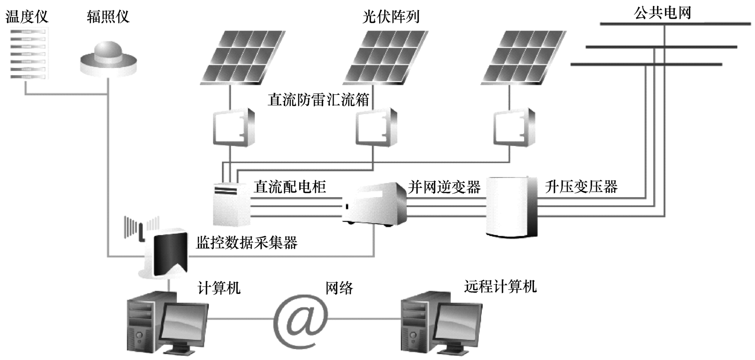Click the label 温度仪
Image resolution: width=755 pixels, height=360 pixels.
point(27,17)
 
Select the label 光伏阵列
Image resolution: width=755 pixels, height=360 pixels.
point(391,17)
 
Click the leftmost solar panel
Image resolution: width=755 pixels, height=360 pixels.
point(243,58)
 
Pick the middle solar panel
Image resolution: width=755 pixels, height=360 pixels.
point(385,58)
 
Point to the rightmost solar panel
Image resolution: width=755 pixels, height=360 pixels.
point(524,58)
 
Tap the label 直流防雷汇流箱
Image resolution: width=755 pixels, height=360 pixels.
point(318,100)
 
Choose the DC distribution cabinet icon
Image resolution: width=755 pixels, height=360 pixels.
point(232,204)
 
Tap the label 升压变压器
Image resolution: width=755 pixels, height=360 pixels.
point(581,187)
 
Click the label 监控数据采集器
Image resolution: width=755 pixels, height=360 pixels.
point(247,242)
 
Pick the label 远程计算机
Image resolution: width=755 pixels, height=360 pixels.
point(500,286)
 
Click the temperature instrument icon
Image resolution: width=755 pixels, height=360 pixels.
point(29,53)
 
